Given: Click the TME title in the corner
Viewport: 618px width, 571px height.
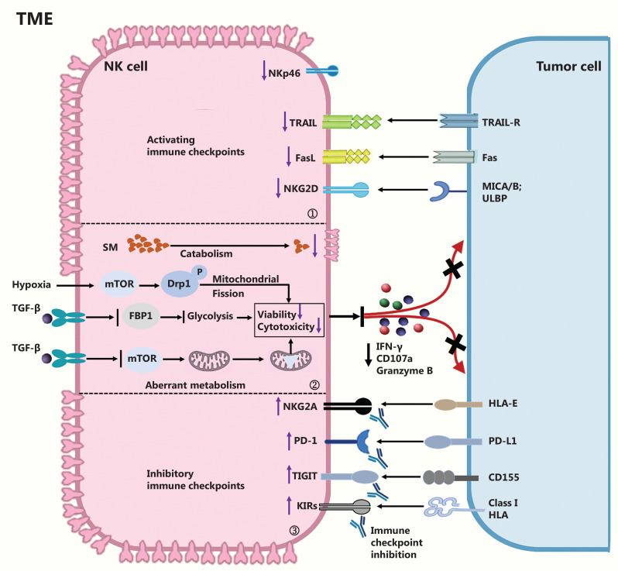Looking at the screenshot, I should click(36, 18).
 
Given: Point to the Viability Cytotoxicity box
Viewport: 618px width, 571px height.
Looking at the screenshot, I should click(288, 318).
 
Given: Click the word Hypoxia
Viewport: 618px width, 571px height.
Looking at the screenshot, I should click(31, 284).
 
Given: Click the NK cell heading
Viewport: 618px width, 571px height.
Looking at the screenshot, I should click(125, 66).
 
